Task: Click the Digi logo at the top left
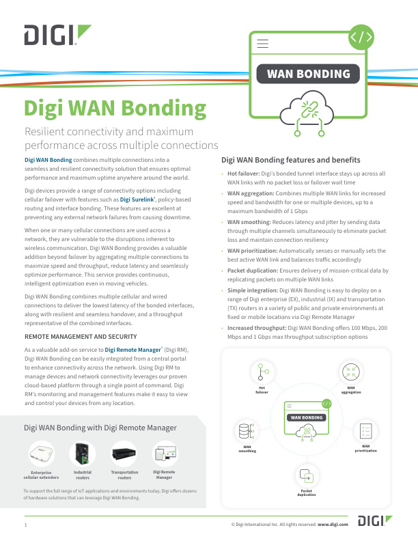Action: [57, 35]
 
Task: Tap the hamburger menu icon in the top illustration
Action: [262, 44]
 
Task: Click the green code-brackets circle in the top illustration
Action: [361, 38]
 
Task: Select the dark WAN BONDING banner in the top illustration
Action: [308, 74]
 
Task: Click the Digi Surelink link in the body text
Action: [137, 199]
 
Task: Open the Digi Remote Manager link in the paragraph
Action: [133, 350]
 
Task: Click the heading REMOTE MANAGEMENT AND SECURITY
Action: [81, 336]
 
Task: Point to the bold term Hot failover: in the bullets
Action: [243, 174]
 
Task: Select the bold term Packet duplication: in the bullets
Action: [253, 270]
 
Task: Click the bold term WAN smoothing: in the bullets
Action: [249, 222]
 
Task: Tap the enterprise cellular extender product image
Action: [42, 453]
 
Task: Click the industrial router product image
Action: [83, 454]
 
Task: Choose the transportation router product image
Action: [124, 454]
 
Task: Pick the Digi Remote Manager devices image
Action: [165, 454]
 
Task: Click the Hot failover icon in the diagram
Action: [263, 372]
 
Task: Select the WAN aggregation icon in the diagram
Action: [351, 372]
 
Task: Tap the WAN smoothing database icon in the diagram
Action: [247, 431]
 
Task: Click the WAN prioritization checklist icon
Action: [365, 431]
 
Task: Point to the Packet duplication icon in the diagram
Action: [307, 476]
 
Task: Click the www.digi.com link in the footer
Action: [333, 525]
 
